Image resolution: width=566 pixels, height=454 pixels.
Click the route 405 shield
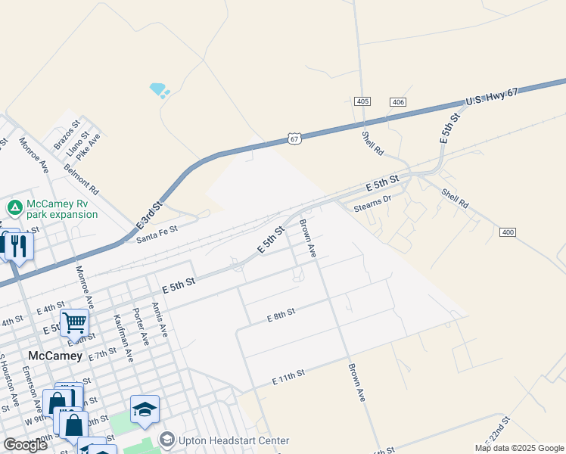[x=362, y=101]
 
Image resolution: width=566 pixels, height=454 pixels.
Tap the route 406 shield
[x=398, y=101]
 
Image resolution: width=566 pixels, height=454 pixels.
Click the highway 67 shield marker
[x=294, y=138]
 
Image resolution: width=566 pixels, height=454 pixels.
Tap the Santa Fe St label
[x=157, y=234]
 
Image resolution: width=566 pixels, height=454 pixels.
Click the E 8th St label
[x=281, y=315]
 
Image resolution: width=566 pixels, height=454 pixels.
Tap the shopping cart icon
[x=74, y=323]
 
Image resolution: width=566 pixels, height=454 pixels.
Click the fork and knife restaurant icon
[x=17, y=245]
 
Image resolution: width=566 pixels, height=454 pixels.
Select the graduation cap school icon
[x=145, y=410]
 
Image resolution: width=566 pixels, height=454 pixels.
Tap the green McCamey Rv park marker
[x=14, y=207]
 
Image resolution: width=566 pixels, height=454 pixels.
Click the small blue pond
[x=158, y=89]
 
